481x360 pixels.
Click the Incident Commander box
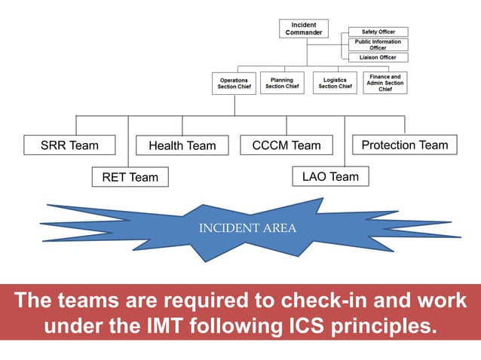coord(304,29)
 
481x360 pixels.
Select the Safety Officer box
coord(378,32)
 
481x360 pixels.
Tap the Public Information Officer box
coord(378,44)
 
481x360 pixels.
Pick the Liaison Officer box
coord(378,57)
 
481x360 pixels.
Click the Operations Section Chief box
coord(234,83)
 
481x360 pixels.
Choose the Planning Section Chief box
coord(282,83)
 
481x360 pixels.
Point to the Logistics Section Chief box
coord(335,83)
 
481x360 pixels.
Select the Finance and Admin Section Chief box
coord(384,83)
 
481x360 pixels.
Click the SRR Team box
coord(69,145)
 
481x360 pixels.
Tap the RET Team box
coord(130,177)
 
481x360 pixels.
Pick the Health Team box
coord(182,145)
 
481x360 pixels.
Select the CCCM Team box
coord(286,145)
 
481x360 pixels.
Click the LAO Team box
coord(330,176)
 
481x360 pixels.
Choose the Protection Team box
coord(404,145)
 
